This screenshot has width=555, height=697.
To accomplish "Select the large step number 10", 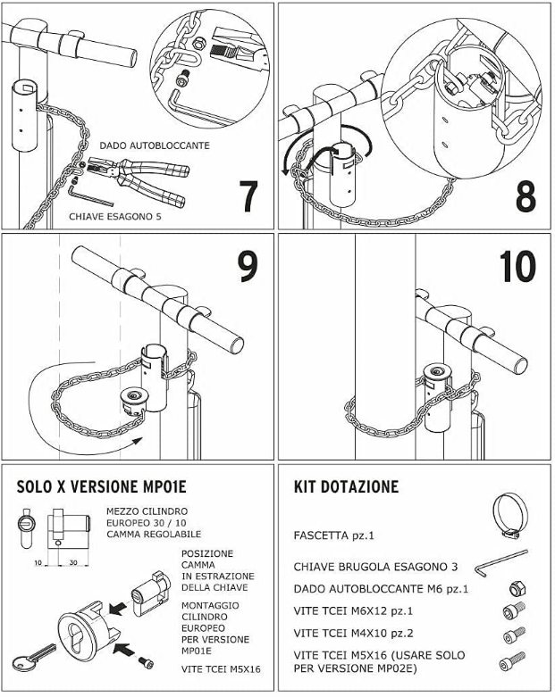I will tap(517, 266).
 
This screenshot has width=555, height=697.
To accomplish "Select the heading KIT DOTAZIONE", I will tap(346, 487).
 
